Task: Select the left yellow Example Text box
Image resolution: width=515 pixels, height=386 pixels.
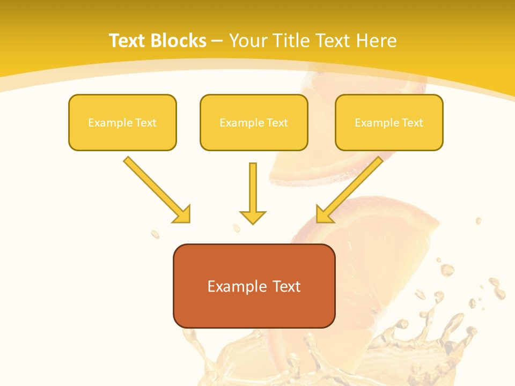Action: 122,122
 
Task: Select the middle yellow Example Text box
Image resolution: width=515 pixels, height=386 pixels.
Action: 254,122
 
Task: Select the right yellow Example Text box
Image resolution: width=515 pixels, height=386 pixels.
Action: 389,122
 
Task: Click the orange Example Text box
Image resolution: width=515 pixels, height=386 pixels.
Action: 254,286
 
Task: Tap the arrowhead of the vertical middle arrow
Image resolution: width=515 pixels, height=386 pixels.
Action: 253,217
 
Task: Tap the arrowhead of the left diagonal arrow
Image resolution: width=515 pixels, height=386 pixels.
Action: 182,214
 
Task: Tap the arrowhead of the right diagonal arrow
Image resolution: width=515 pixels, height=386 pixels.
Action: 325,214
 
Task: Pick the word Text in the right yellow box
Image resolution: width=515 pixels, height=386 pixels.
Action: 413,123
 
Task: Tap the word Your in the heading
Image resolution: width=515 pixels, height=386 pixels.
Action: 248,41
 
